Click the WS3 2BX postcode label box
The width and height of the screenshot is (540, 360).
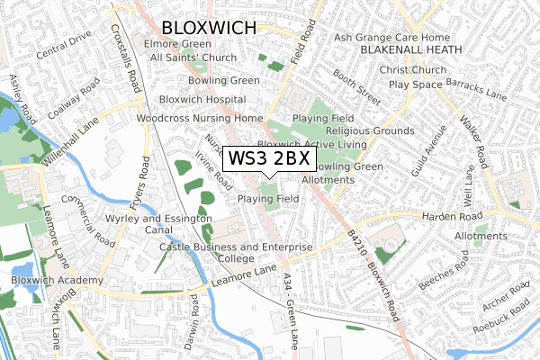[269, 159]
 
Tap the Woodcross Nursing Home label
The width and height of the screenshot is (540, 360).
[198, 118]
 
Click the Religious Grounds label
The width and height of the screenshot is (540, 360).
[370, 130]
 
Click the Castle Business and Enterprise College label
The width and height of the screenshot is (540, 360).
[235, 252]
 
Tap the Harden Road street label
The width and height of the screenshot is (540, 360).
[447, 216]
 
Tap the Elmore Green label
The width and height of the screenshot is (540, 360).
[182, 43]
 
